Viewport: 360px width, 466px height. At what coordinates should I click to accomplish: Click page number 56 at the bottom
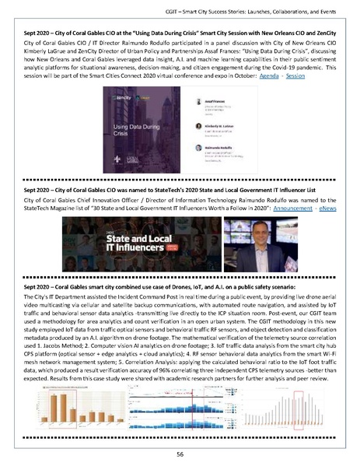pos(180,453)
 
